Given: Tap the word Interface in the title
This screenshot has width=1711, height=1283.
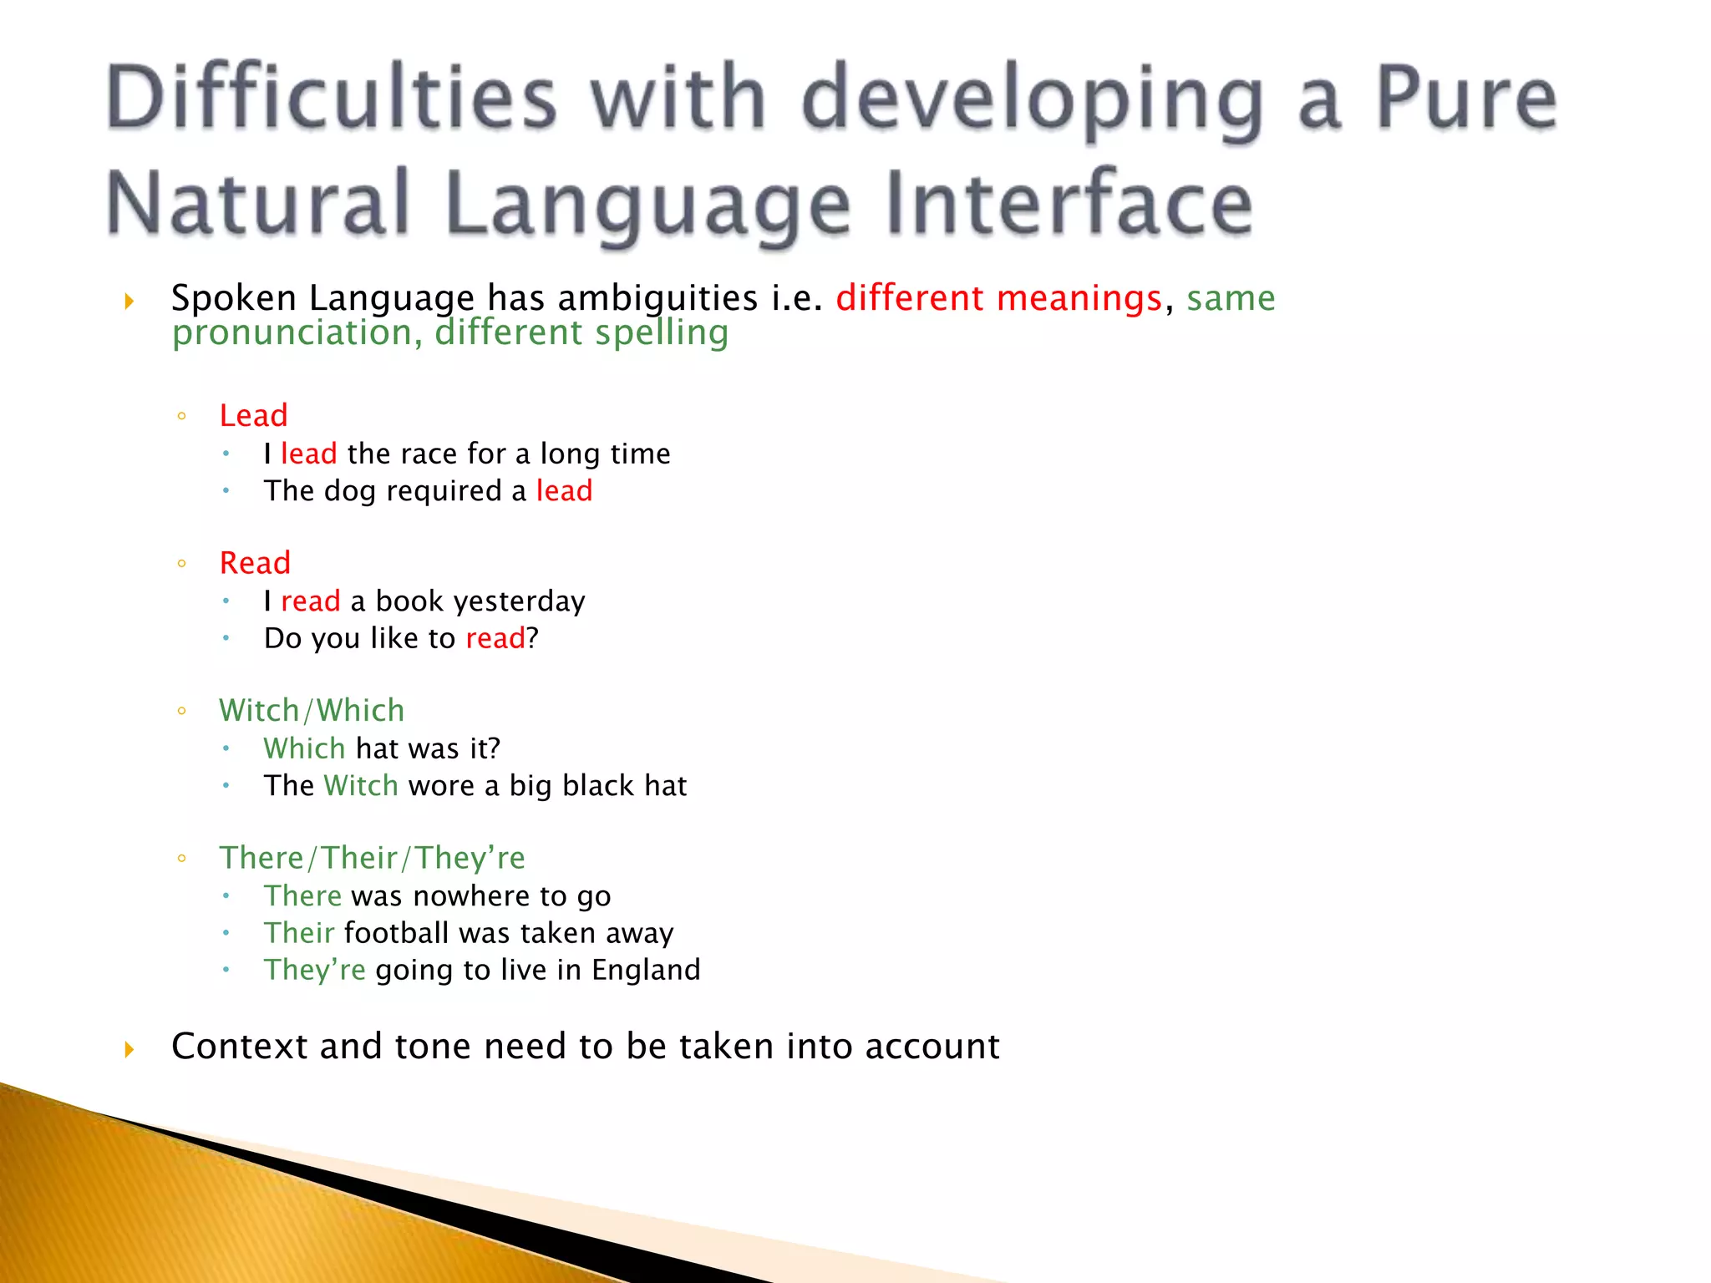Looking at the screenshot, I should (x=1069, y=203).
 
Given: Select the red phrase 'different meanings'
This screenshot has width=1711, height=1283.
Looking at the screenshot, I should (x=999, y=298).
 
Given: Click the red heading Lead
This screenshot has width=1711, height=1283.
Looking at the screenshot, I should (x=254, y=415).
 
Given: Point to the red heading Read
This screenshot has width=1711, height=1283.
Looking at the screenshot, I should (x=255, y=563).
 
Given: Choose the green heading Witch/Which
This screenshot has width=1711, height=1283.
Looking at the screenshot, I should (x=312, y=710).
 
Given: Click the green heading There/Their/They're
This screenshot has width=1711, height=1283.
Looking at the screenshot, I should (x=372, y=858).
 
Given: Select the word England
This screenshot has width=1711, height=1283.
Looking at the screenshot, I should (x=646, y=970).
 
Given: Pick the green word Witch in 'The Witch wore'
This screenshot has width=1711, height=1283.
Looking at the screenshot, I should (x=361, y=786).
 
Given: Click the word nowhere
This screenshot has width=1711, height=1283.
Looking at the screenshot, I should (x=471, y=896).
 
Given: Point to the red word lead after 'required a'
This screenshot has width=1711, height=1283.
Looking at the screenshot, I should (x=564, y=491).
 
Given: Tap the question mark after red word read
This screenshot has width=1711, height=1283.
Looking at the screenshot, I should (x=533, y=639).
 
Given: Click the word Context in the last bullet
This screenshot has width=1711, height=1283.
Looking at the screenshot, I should (x=240, y=1047).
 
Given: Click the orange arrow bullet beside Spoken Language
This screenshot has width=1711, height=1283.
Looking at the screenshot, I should (x=129, y=301).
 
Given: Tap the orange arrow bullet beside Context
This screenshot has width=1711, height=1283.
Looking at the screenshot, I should (x=129, y=1049).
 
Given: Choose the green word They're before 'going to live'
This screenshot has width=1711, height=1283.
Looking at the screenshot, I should (x=315, y=970).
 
